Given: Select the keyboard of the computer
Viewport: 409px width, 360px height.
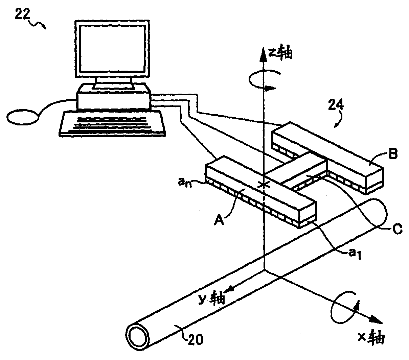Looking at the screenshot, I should click(113, 124).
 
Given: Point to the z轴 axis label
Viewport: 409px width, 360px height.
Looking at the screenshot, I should click(280, 53).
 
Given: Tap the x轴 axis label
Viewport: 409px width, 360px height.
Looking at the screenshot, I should click(371, 337).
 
